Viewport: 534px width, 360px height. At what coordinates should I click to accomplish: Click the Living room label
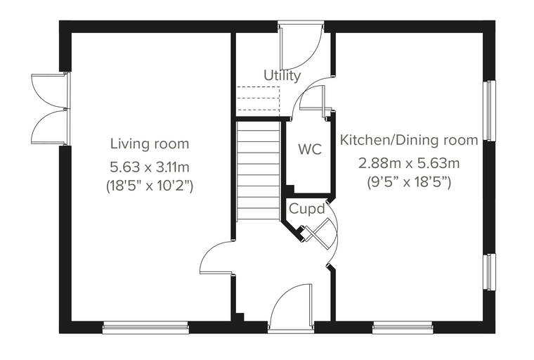[x=150, y=144]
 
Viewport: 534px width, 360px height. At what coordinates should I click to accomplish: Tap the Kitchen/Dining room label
[x=409, y=141]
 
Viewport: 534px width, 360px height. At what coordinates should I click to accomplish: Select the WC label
[x=310, y=149]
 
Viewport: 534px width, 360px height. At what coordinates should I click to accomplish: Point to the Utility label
[x=282, y=76]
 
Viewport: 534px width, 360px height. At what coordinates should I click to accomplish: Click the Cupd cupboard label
[x=307, y=209]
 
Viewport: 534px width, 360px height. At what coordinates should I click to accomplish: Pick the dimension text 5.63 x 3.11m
[x=150, y=167]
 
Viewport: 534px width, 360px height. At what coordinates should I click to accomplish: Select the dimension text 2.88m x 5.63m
[x=409, y=164]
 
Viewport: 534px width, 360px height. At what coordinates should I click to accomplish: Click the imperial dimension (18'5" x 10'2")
[x=150, y=186]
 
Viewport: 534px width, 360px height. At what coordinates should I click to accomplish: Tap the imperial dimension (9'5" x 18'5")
[x=409, y=182]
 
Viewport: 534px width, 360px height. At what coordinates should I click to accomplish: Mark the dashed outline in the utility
[x=258, y=99]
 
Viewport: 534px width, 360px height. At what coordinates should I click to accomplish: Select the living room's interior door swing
[x=216, y=257]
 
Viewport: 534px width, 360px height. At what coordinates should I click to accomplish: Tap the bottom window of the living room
[x=145, y=327]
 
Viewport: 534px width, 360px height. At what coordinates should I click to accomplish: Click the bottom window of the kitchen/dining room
[x=403, y=327]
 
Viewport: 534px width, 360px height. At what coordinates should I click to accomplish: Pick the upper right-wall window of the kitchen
[x=490, y=110]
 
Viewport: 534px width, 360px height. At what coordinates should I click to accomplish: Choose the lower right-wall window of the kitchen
[x=490, y=272]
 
